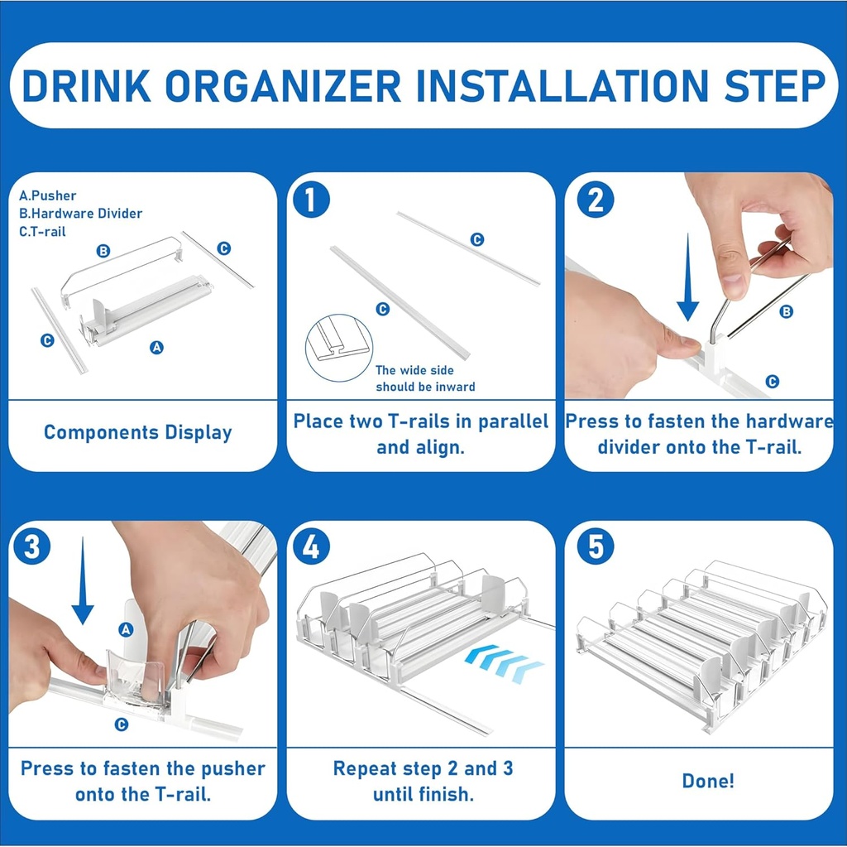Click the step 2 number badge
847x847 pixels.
point(596,200)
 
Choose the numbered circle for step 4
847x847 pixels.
point(312,546)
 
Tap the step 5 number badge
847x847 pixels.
point(596,546)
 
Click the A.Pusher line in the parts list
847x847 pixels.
point(47,195)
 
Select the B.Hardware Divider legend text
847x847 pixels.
point(80,214)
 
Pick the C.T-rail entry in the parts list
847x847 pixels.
point(42,232)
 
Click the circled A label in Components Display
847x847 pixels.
point(156,348)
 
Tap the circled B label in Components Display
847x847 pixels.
point(103,251)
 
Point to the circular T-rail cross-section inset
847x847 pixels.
point(338,348)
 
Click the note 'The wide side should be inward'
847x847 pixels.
point(425,379)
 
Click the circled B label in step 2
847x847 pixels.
point(787,311)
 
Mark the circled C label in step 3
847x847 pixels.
point(122,724)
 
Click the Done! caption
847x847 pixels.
point(708,781)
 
